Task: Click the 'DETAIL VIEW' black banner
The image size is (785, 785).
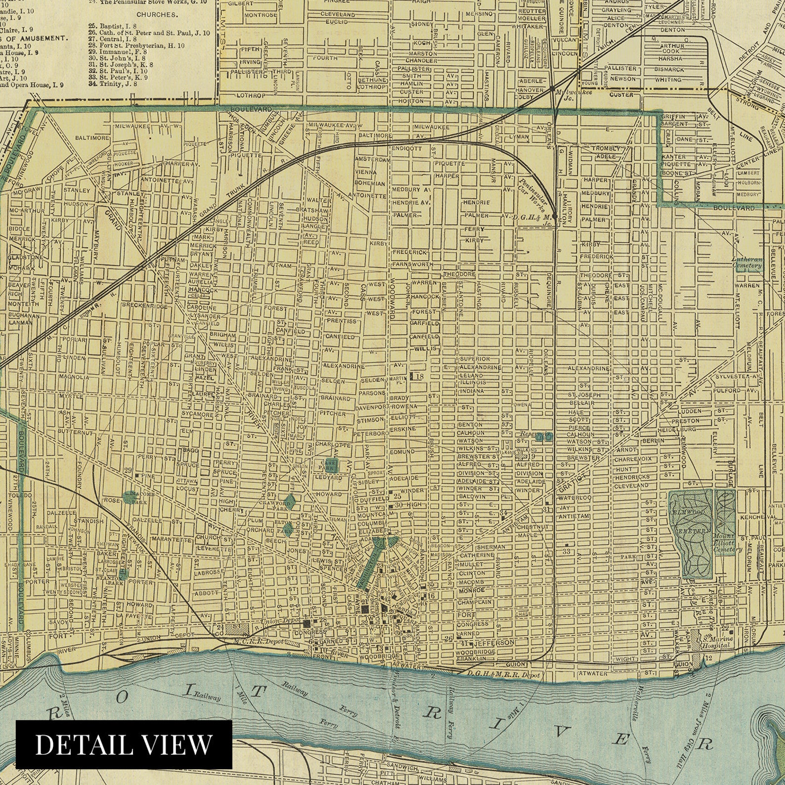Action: pos(124,744)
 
